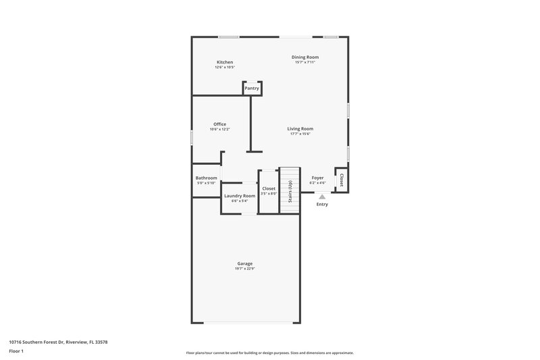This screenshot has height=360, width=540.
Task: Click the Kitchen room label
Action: pyautogui.click(x=225, y=62)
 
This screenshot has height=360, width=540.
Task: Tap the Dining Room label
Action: pyautogui.click(x=305, y=57)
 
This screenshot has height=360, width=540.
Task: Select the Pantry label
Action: pyautogui.click(x=252, y=88)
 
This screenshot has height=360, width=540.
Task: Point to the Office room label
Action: pyautogui.click(x=219, y=124)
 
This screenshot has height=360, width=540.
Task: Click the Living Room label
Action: pyautogui.click(x=300, y=128)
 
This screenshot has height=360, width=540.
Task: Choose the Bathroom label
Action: pyautogui.click(x=207, y=178)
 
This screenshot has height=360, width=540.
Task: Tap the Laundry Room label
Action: pyautogui.click(x=240, y=196)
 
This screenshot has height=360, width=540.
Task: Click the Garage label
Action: pyautogui.click(x=244, y=263)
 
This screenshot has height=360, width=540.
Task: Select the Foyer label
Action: pyautogui.click(x=317, y=178)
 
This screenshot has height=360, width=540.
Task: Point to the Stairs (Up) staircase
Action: pyautogui.click(x=290, y=190)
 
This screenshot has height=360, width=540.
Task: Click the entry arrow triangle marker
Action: pyautogui.click(x=313, y=197)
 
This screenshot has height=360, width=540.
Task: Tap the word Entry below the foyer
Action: pyautogui.click(x=322, y=204)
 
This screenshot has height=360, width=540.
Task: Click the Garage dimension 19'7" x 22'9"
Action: pyautogui.click(x=244, y=269)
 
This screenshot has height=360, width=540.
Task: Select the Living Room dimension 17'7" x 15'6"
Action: pyautogui.click(x=300, y=134)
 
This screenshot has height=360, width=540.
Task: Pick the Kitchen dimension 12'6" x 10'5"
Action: pyautogui.click(x=225, y=68)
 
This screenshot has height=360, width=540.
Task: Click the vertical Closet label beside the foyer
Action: pyautogui.click(x=342, y=180)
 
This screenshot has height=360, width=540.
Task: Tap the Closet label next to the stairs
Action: pyautogui.click(x=269, y=189)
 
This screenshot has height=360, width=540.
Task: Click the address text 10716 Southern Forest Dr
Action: pyautogui.click(x=58, y=342)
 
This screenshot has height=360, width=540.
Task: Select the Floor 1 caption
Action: pyautogui.click(x=17, y=352)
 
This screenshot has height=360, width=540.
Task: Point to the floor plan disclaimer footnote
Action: pyautogui.click(x=269, y=353)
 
